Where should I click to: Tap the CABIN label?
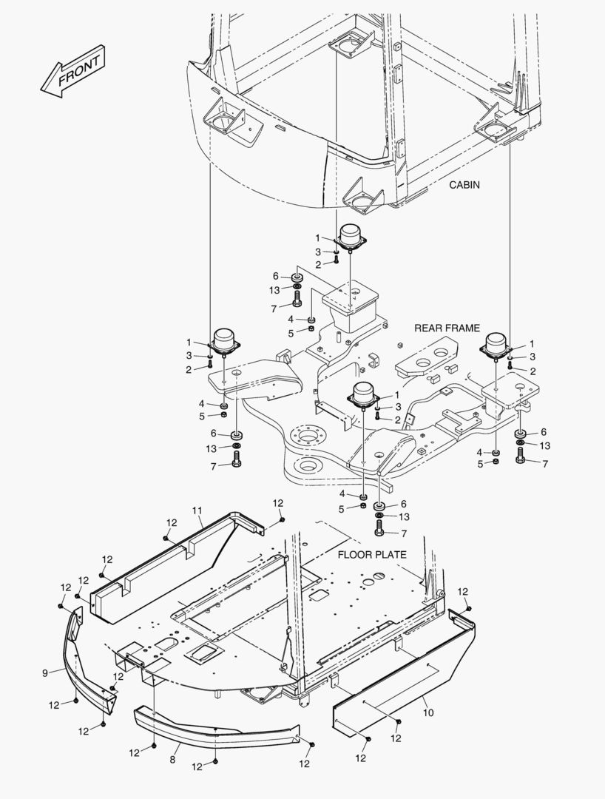(x=464, y=185)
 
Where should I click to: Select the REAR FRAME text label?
(x=447, y=328)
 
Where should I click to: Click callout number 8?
(x=173, y=759)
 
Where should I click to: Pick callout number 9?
(x=46, y=672)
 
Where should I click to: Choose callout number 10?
(x=428, y=712)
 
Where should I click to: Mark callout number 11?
(x=197, y=510)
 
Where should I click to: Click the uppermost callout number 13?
(x=274, y=290)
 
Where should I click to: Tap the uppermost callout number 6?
(x=276, y=277)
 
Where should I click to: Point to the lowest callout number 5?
(x=342, y=508)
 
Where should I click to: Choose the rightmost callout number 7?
(x=545, y=464)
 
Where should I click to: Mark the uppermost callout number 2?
(x=318, y=264)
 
